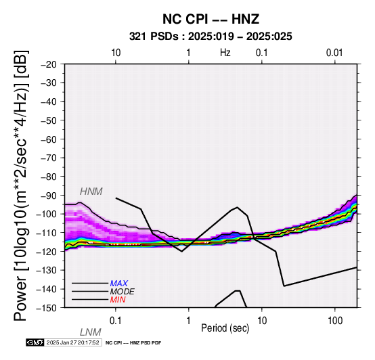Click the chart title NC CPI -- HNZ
[x=211, y=19]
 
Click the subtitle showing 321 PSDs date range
[x=211, y=37]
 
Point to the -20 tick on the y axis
[x=49, y=64]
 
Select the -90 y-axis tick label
[x=49, y=196]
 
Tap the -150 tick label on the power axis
[x=47, y=308]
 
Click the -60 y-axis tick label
[x=49, y=139]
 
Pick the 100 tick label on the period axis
[x=335, y=321]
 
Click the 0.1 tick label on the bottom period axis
[x=116, y=321]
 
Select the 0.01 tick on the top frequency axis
[x=334, y=53]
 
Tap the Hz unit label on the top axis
[x=225, y=53]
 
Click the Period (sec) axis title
[x=225, y=328]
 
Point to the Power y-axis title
[x=21, y=185]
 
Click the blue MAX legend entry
[x=119, y=284]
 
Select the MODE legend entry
[x=123, y=292]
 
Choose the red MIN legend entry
[x=118, y=300]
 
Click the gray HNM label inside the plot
[x=91, y=192]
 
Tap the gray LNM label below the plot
[x=91, y=332]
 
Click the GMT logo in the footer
[x=35, y=342]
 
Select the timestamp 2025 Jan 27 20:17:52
[x=72, y=342]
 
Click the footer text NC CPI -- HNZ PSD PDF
[x=133, y=343]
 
